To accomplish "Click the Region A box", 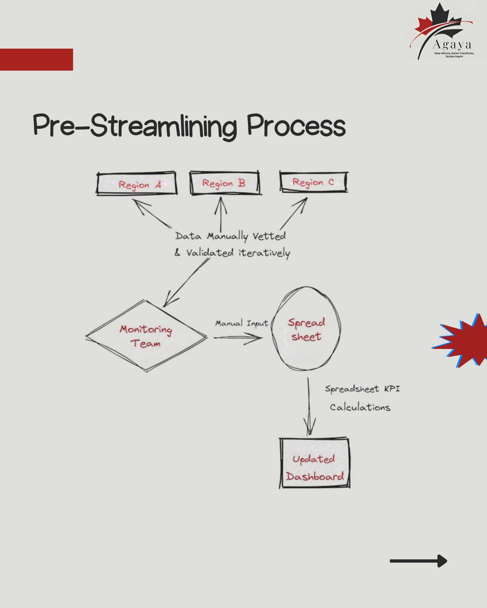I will [x=137, y=184].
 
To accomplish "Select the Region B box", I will [x=224, y=183].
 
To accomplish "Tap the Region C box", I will [x=314, y=182].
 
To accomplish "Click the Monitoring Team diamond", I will [x=146, y=336].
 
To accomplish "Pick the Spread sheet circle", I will [x=306, y=329].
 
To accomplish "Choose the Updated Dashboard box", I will [x=315, y=463].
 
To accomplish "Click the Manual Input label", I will [x=241, y=323].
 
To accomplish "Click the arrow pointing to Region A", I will [x=152, y=213].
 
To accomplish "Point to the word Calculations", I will [x=360, y=407].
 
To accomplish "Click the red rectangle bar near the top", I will [x=37, y=60].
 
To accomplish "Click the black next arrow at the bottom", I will [x=418, y=561].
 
